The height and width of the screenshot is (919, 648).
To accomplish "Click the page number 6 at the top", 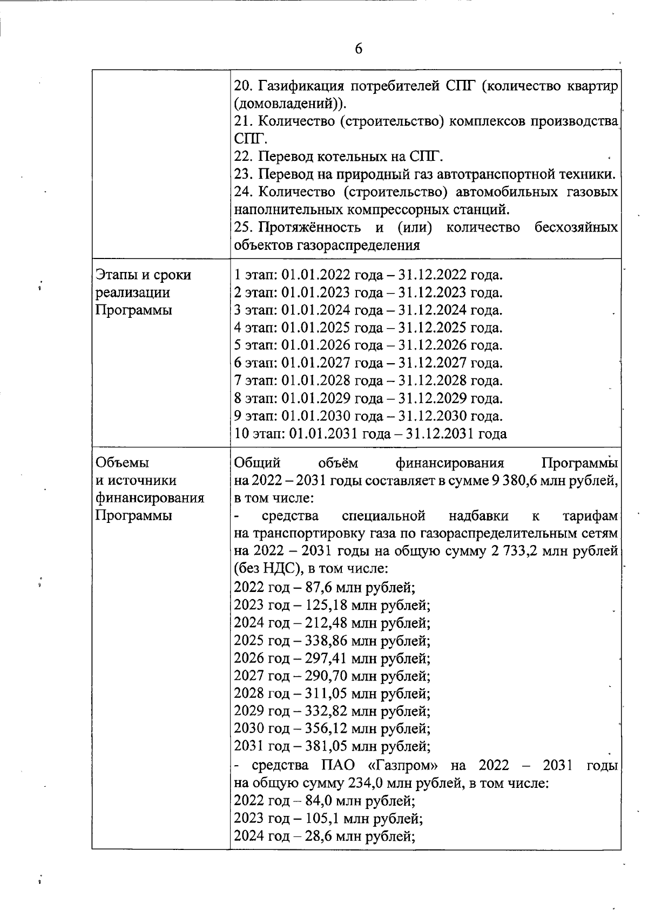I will [x=359, y=49].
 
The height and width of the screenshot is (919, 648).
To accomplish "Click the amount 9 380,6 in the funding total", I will [x=519, y=480].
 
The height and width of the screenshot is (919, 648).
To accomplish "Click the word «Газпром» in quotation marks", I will [x=399, y=765].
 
